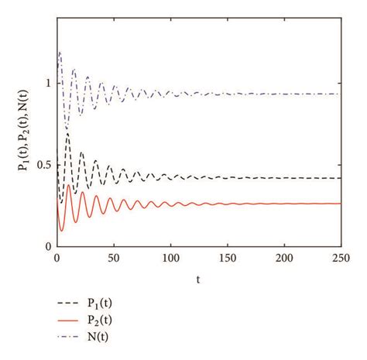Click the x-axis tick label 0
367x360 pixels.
click(57, 258)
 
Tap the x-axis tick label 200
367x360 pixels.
click(284, 258)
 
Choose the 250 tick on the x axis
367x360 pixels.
click(341, 258)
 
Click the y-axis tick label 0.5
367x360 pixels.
click(43, 164)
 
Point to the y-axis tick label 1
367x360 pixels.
click(47, 83)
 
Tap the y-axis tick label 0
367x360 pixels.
click(47, 246)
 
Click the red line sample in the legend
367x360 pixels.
click(68, 320)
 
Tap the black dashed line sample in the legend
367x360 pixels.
click(68, 303)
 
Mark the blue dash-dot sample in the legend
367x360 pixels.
click(68, 337)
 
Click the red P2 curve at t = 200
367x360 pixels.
click(284, 203)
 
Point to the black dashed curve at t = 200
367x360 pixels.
click(284, 178)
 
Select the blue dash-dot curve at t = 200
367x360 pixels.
click(284, 94)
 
